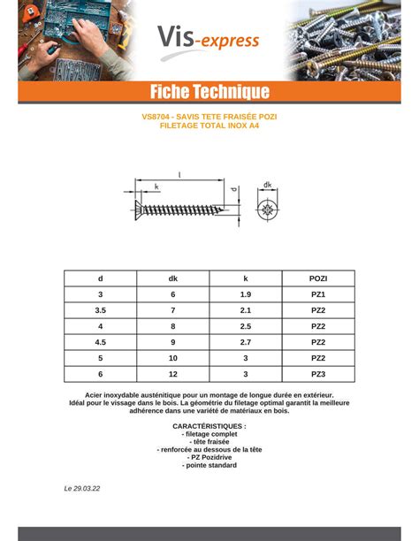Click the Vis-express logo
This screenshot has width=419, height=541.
[x=209, y=38]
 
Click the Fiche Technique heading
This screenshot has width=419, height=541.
[x=209, y=92]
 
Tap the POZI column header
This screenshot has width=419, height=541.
[x=318, y=278]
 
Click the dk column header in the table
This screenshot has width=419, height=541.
[x=173, y=278]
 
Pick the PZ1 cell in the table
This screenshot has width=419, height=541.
[x=318, y=294]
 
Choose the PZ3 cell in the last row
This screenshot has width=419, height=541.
[x=318, y=374]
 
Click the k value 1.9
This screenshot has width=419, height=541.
[x=246, y=294]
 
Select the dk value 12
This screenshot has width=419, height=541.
[x=173, y=374]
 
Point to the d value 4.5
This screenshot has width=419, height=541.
[x=101, y=342]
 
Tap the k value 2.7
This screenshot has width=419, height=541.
[x=246, y=342]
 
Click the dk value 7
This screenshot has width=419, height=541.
[x=173, y=310]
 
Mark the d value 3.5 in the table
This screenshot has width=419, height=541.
[x=101, y=310]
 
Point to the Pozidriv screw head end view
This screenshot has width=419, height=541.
[x=268, y=210]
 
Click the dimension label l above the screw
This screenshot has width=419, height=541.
[x=179, y=176]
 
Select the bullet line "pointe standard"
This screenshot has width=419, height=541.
[x=209, y=465]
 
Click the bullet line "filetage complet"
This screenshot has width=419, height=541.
[x=209, y=434]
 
